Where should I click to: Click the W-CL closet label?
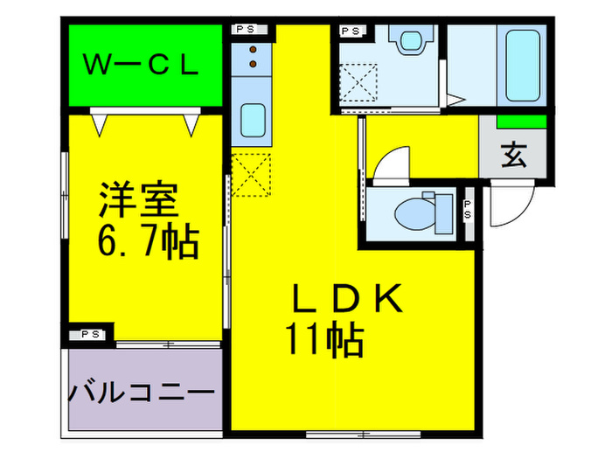click(141, 65)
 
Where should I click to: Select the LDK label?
click(344, 301)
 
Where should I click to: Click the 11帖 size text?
click(323, 339)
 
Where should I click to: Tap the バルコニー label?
click(141, 391)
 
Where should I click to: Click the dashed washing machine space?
click(360, 82)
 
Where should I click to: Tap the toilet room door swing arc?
click(390, 163)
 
